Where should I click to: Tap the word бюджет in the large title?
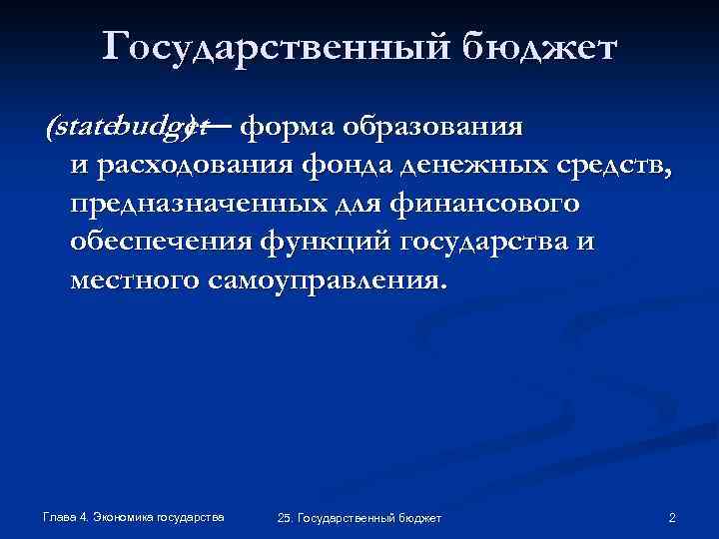click(x=543, y=47)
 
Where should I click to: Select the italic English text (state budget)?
click(x=125, y=128)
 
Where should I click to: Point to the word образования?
click(x=432, y=127)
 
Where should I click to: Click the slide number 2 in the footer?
click(x=672, y=517)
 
